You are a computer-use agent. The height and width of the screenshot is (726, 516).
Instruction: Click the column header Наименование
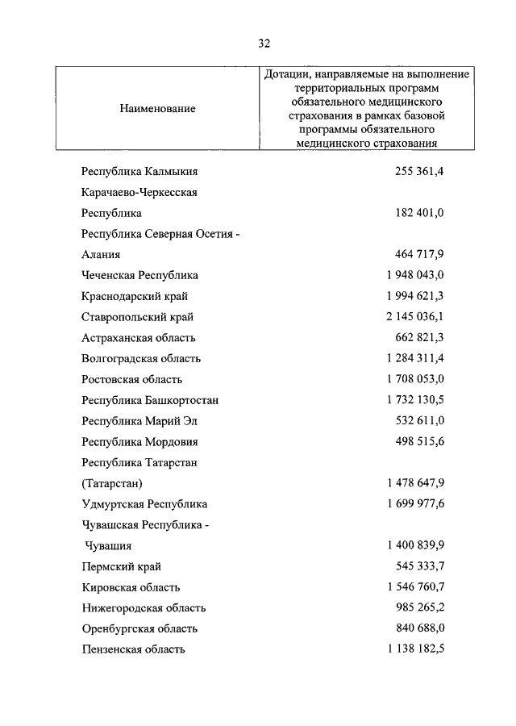click(157, 108)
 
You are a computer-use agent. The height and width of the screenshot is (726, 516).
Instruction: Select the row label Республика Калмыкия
click(139, 172)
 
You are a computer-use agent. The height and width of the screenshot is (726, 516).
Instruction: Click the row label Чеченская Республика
click(139, 275)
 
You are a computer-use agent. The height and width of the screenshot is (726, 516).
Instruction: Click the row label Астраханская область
click(139, 338)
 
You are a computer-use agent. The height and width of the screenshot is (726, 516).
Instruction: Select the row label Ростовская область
click(132, 379)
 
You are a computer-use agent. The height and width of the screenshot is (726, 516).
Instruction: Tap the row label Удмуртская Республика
click(144, 504)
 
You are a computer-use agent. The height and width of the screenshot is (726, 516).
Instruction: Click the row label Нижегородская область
click(144, 607)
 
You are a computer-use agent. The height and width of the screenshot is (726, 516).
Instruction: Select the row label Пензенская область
click(134, 649)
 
